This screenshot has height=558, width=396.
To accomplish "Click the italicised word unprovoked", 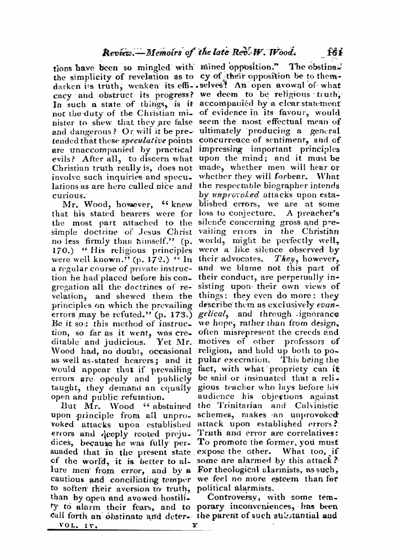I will [x=235, y=195].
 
